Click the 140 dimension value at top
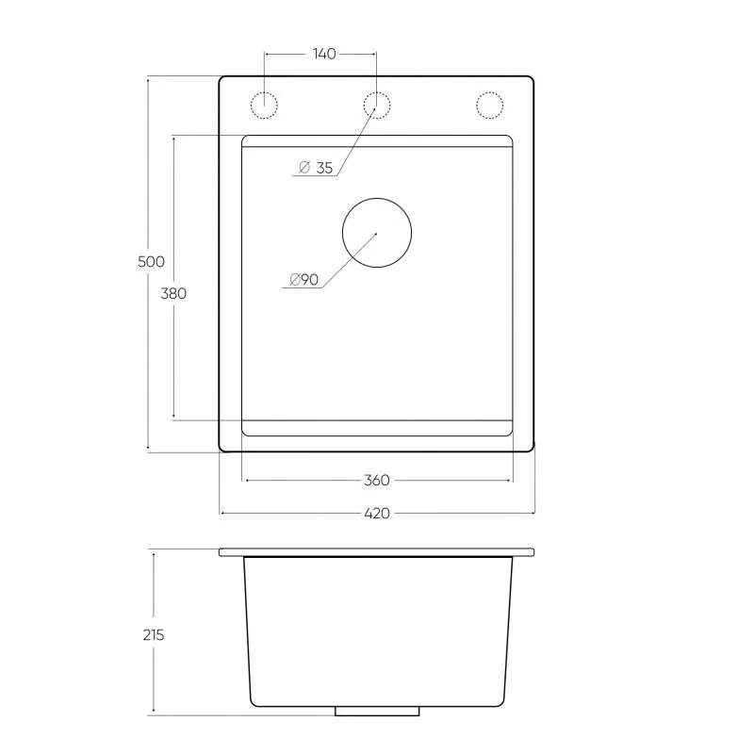pyautogui.click(x=324, y=54)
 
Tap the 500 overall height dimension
pyautogui.click(x=151, y=262)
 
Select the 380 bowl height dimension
pyautogui.click(x=173, y=293)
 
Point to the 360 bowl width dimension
pyautogui.click(x=376, y=481)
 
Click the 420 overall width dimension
pyautogui.click(x=377, y=514)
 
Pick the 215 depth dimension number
pyautogui.click(x=154, y=635)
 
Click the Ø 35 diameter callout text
pyautogui.click(x=316, y=168)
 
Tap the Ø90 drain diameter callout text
pyautogui.click(x=304, y=279)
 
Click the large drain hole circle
pyautogui.click(x=377, y=198)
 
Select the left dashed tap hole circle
pyautogui.click(x=264, y=91)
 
